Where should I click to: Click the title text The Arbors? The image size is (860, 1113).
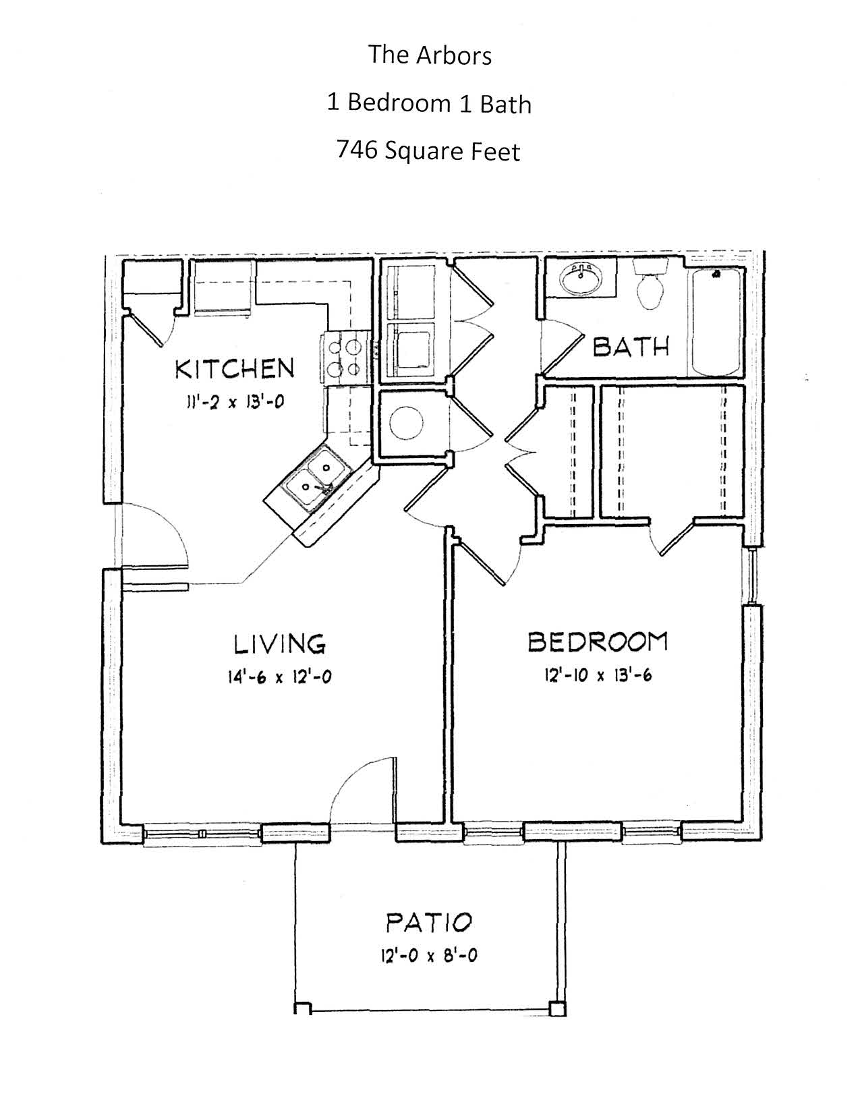coord(430,55)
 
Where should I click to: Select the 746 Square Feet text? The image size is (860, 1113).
coord(428,151)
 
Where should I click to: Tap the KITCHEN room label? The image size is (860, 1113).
coord(235,369)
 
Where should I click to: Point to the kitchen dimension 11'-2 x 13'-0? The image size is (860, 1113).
coord(235,402)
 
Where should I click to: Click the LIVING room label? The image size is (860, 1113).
coord(280,644)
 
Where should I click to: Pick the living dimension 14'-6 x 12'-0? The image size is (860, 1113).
coord(280,678)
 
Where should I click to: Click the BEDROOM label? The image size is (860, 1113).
coord(598,641)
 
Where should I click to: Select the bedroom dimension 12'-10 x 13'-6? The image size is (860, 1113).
coord(598,675)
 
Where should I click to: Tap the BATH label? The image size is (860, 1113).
coord(631,347)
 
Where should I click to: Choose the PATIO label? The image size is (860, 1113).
coord(429,923)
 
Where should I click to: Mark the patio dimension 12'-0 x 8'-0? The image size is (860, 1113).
coord(429,956)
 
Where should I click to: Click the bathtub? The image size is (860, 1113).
coord(717,322)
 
